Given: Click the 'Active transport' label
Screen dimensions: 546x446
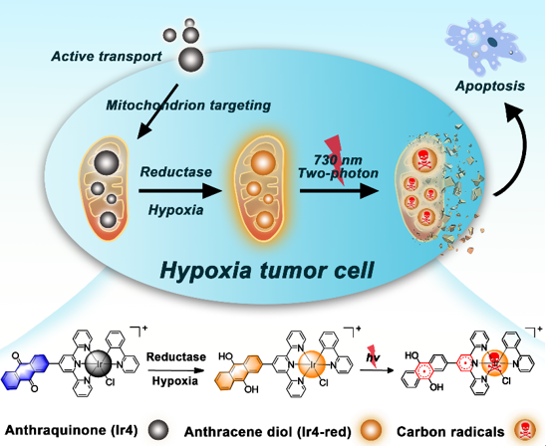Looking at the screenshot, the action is click(107, 57).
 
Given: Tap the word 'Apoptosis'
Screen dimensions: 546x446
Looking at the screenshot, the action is click(490, 87).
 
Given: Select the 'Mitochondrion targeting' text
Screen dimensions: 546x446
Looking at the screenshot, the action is click(188, 106).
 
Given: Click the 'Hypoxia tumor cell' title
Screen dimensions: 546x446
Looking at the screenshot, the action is click(267, 271).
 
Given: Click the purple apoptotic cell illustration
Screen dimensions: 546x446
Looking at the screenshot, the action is click(485, 47).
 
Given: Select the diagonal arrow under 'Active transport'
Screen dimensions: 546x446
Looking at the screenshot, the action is click(157, 111).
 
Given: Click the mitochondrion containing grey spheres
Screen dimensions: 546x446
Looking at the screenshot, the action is click(105, 188).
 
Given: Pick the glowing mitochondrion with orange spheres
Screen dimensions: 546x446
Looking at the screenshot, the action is click(260, 188).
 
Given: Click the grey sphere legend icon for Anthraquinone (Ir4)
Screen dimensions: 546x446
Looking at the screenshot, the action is click(158, 430).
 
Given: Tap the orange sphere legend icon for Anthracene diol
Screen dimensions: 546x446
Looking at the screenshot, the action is click(372, 431).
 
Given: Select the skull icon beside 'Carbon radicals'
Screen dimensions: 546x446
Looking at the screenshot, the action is click(525, 431).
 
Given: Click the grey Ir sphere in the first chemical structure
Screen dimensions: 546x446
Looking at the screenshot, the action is click(99, 365).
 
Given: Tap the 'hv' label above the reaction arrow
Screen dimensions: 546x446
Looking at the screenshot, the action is click(373, 357).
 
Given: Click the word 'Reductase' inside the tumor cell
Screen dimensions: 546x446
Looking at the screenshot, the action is click(175, 172).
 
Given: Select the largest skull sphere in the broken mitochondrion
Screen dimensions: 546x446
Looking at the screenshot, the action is click(424, 159).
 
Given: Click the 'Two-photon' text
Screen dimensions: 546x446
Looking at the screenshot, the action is click(338, 173).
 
